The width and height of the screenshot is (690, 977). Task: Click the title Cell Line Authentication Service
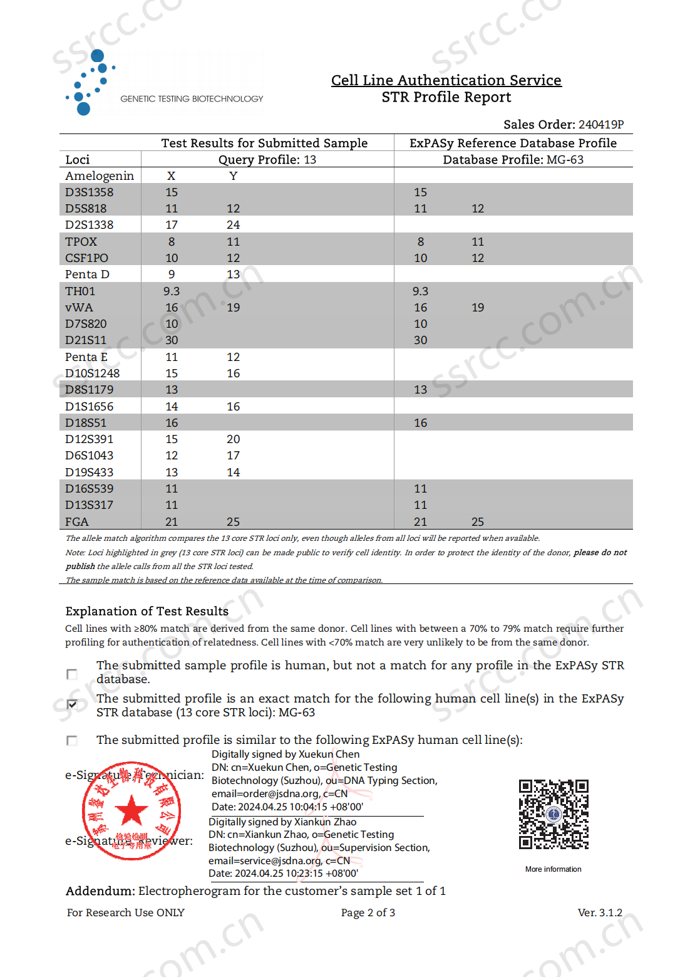click(446, 80)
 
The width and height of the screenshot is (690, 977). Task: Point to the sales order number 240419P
click(600, 124)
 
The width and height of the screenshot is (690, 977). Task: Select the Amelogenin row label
click(100, 175)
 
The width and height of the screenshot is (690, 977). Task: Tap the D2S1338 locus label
click(90, 224)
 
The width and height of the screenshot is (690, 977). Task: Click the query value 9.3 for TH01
click(172, 291)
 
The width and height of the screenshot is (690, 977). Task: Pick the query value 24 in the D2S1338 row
click(233, 224)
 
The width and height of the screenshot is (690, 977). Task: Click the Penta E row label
click(86, 357)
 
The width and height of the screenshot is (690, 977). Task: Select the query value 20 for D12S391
click(233, 439)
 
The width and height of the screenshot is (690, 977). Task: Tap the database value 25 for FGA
click(478, 521)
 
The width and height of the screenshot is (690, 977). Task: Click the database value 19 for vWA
click(478, 307)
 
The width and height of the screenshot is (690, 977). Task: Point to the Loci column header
click(78, 159)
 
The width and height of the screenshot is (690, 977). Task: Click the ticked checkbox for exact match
click(72, 704)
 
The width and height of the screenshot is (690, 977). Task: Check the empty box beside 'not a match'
click(72, 674)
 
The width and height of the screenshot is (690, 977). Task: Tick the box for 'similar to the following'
click(72, 740)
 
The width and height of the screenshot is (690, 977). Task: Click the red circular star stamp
click(131, 811)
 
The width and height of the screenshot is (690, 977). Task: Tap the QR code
click(554, 814)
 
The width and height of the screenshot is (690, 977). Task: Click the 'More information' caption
click(553, 869)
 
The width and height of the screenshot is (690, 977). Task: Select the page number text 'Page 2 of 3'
click(368, 912)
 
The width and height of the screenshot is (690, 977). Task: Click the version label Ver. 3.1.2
click(600, 912)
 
